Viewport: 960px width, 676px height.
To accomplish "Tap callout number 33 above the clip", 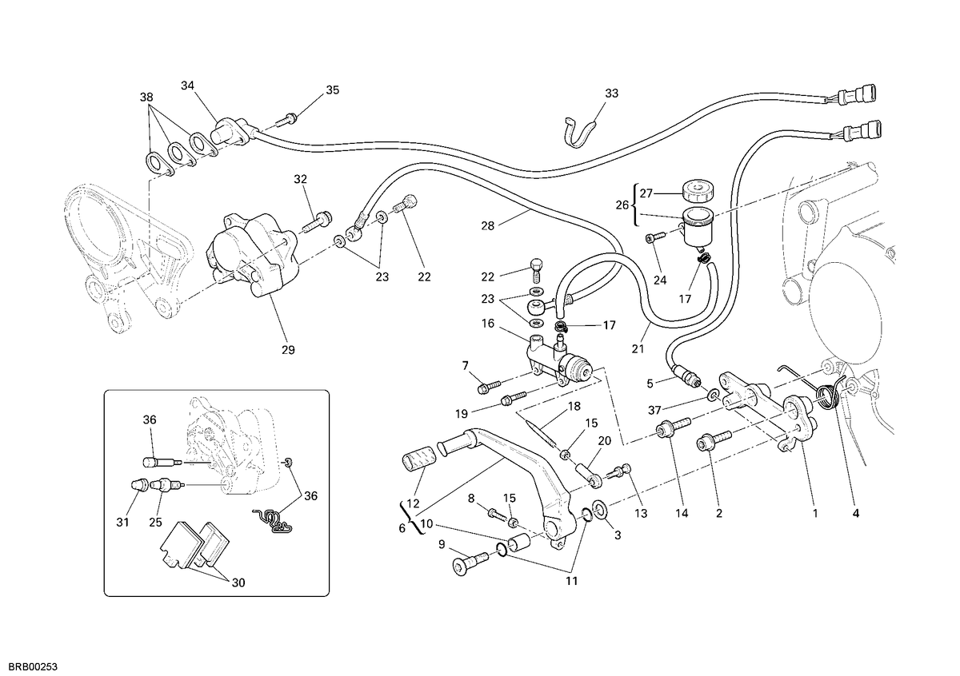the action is pyautogui.click(x=611, y=93).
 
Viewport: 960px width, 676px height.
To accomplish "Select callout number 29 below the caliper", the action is pyautogui.click(x=288, y=350).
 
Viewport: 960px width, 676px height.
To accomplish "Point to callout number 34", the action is pyautogui.click(x=187, y=85).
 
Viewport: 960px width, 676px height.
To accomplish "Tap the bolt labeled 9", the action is pyautogui.click(x=470, y=563).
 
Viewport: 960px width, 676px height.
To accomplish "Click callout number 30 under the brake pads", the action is pyautogui.click(x=238, y=583).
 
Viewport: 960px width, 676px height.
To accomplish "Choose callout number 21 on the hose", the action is pyautogui.click(x=638, y=349).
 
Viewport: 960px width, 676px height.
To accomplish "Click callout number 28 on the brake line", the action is pyautogui.click(x=488, y=225).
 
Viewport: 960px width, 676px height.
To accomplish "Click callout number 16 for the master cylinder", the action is pyautogui.click(x=488, y=324).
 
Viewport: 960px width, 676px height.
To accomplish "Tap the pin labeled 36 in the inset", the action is pyautogui.click(x=162, y=463).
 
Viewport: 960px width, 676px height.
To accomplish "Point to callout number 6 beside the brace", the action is pyautogui.click(x=402, y=528).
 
